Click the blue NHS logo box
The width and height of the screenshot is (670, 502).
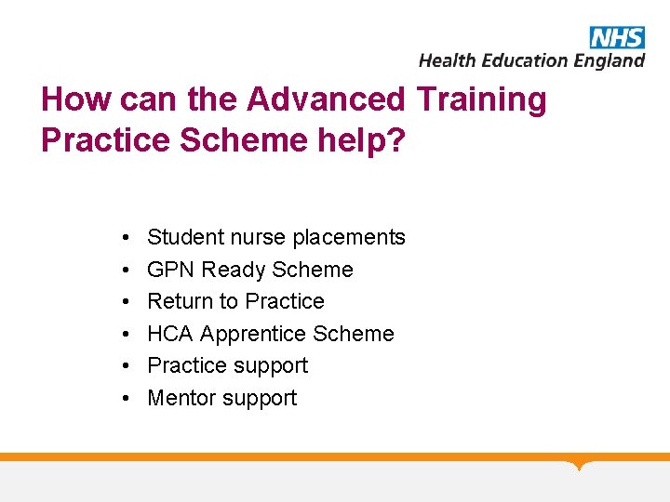[x=617, y=37]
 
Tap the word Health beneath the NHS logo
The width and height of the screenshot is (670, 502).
[x=447, y=60]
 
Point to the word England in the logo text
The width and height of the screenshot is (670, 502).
[x=609, y=60]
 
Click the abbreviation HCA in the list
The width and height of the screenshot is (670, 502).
[x=170, y=334]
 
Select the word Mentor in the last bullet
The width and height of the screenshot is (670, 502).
[x=181, y=398]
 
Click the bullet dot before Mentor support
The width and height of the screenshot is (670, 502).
[x=124, y=399]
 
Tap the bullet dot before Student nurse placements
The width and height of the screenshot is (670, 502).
[x=124, y=238]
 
